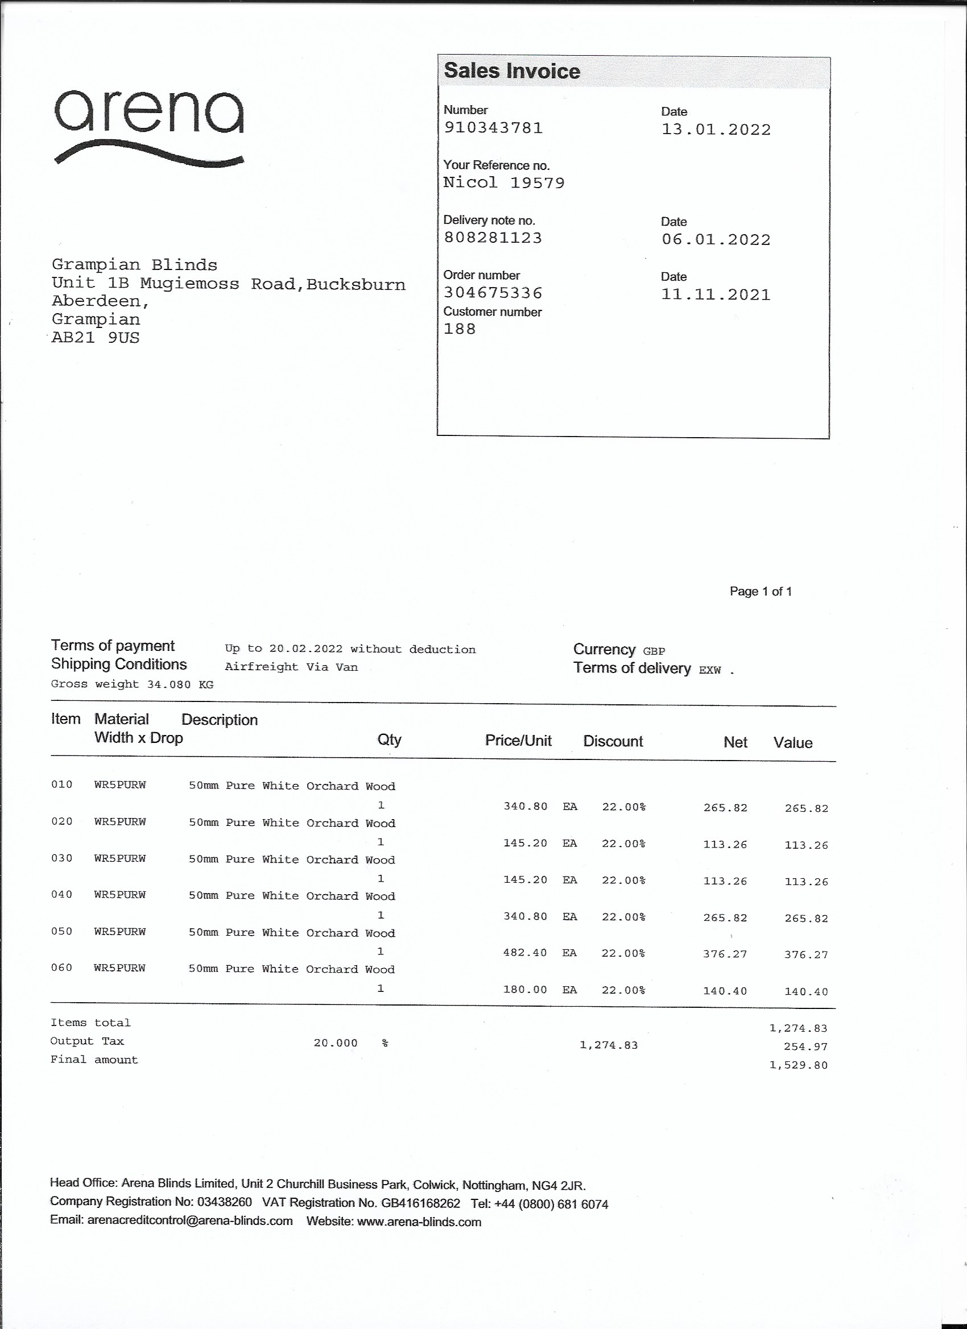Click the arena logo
pos(149,126)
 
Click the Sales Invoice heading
pos(511,71)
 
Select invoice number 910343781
pos(493,128)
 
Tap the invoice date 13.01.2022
pos(716,130)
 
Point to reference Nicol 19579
pos(504,183)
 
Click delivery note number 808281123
pos(493,238)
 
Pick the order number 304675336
pos(493,292)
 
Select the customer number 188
pos(459,329)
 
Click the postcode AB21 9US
pos(96,338)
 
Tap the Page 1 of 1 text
pos(761,592)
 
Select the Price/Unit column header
pos(518,741)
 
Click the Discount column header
pos(613,742)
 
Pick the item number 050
pos(61,932)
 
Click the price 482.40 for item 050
pos(525,953)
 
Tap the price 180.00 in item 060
pos(525,990)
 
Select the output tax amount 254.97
pos(805,1046)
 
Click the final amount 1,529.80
pos(798,1065)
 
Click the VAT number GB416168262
pos(420,1203)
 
